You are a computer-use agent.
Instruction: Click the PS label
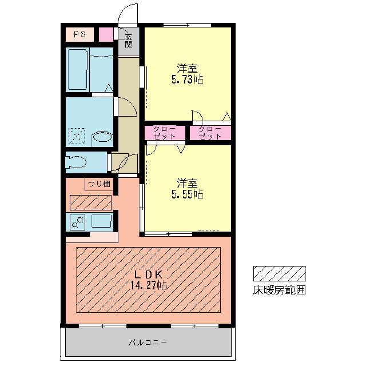coord(79,34)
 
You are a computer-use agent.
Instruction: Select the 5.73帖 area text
coord(188,80)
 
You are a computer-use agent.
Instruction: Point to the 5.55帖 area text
coord(188,194)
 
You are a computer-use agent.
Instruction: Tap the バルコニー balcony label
coord(147,343)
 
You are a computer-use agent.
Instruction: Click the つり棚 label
coord(98,184)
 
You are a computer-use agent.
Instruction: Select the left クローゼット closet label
coord(164,133)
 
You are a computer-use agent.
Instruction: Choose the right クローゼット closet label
coord(210,133)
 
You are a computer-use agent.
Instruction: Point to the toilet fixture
coord(75,162)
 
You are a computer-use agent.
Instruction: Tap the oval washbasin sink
coord(102,137)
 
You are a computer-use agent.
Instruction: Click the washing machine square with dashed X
coord(76,136)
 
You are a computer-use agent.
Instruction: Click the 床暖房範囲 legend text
coord(279,290)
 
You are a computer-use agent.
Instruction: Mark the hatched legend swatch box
coord(279,273)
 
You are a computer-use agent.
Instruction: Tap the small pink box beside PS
coord(106,34)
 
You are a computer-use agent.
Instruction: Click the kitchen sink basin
coord(101,221)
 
